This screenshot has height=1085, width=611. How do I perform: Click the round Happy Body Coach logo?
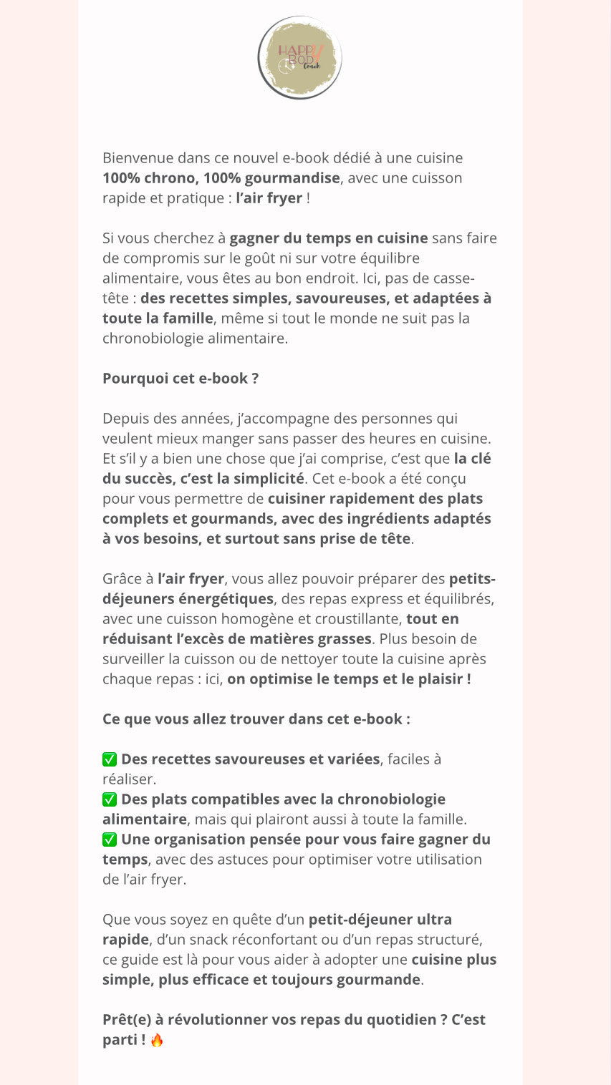point(299,57)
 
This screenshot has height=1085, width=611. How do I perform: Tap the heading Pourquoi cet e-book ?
point(181,378)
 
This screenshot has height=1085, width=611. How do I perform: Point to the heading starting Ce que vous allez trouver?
point(256,719)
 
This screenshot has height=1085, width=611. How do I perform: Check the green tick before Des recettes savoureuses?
point(110,759)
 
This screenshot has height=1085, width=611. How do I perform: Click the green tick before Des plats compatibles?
point(110,799)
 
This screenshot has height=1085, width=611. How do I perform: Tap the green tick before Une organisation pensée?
point(110,840)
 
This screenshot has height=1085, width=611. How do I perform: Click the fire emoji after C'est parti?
point(157,1040)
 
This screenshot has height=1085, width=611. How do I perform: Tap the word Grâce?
point(122,578)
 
